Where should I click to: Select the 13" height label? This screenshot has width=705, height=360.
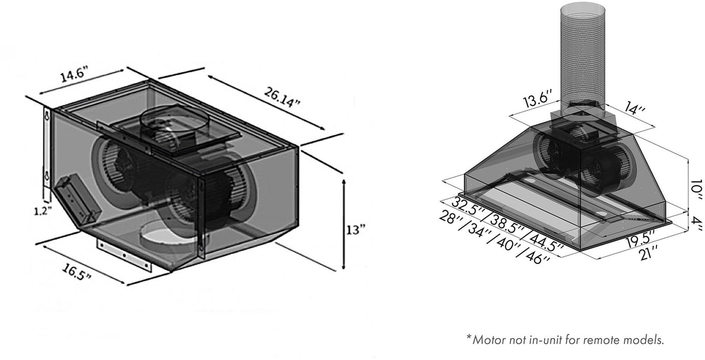coord(356,230)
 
